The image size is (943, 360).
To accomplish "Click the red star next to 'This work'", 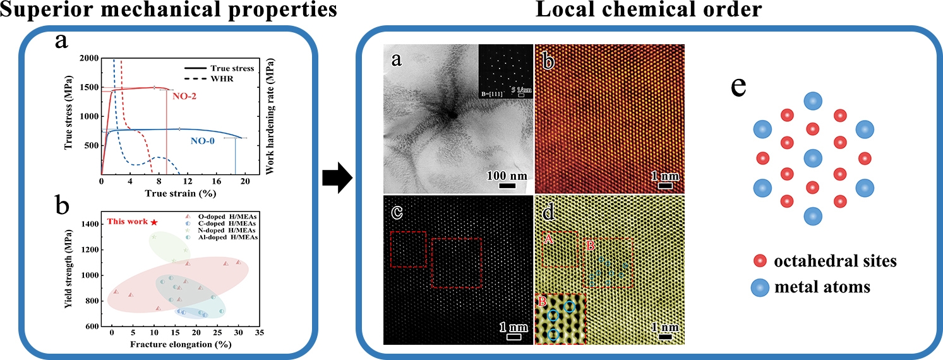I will [153, 222].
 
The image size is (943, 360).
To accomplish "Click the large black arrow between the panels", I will [336, 178].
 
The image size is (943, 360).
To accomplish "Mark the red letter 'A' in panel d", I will [549, 238].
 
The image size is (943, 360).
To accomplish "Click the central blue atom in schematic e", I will [813, 159].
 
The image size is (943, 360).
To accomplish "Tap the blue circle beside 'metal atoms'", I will [761, 287].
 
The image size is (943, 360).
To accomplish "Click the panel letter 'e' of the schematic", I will [739, 87].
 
